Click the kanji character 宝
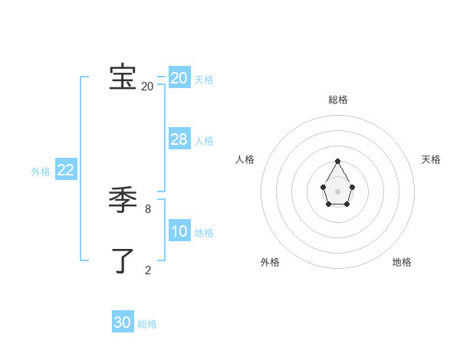point(123,77)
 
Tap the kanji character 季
point(123,201)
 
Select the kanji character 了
point(123,260)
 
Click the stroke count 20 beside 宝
point(147,87)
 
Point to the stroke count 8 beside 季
point(148,208)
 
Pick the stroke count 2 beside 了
point(148,270)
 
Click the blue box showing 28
point(179,139)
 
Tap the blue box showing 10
point(179,231)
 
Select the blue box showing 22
point(65,170)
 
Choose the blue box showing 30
point(123,322)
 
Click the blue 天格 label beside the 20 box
point(204,80)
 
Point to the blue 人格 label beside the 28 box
point(204,141)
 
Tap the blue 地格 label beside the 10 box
point(204,233)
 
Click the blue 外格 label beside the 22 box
point(41,172)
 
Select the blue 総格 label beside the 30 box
point(147,324)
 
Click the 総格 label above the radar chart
point(338,100)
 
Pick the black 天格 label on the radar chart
point(431,159)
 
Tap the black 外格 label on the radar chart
point(270,262)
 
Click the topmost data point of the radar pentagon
point(338,161)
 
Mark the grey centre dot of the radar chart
point(338,191)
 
